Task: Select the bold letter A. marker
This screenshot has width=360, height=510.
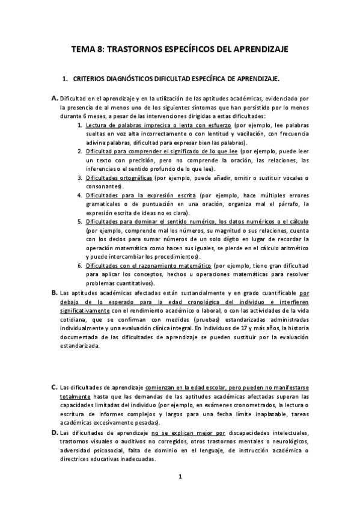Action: tap(54, 98)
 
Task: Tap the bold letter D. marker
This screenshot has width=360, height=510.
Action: tap(54, 432)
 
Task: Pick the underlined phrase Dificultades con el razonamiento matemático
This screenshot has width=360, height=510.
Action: tap(148, 265)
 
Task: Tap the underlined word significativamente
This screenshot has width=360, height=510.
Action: tap(84, 310)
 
